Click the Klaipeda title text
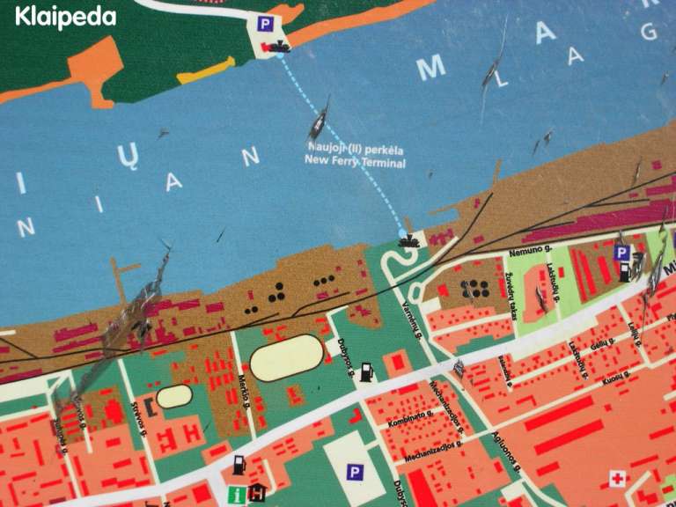click(x=65, y=17)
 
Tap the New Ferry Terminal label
click(x=356, y=155)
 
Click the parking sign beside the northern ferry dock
click(x=265, y=25)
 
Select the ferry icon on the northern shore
click(x=279, y=46)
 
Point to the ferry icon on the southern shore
click(x=408, y=239)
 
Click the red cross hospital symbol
click(x=617, y=479)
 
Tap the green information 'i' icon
click(x=236, y=495)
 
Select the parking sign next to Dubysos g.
click(x=354, y=474)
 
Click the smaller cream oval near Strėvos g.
click(x=174, y=396)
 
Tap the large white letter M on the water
click(x=431, y=69)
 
